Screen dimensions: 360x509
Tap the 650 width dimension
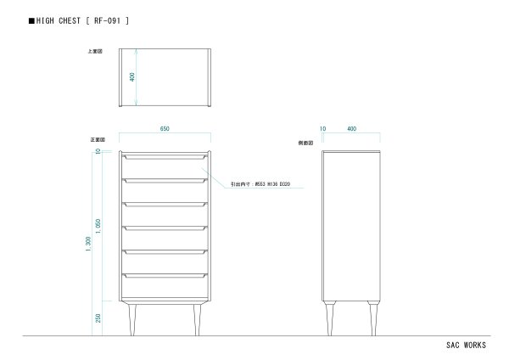165,128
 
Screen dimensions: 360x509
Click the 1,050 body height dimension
99,226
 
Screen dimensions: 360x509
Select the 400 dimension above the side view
352,128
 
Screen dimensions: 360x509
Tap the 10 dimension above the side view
322,128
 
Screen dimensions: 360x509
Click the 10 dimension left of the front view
99,151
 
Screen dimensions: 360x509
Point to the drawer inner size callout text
260,184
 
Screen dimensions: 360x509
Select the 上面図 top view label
94,51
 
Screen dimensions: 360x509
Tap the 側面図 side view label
306,143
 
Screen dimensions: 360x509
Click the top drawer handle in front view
165,156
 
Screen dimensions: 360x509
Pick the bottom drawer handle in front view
165,275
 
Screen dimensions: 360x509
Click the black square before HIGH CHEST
31,19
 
